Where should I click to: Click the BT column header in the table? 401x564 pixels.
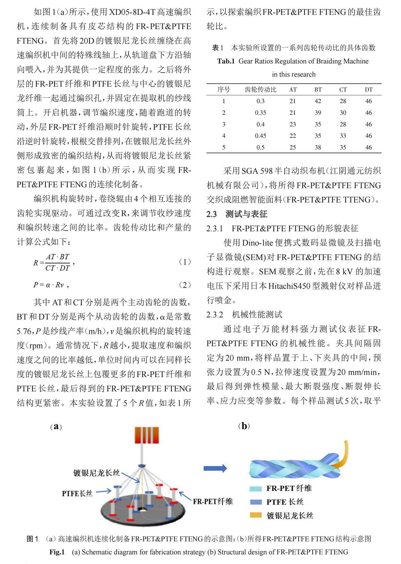click(x=318, y=90)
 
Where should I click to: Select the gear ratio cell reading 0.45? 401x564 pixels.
click(x=260, y=136)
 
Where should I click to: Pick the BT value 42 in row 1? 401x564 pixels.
click(x=318, y=101)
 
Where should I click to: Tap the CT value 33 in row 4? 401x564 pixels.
click(x=343, y=136)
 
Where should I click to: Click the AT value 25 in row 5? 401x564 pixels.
click(x=292, y=147)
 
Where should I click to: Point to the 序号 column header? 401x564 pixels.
click(x=224, y=90)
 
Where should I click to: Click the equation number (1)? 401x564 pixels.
click(x=185, y=262)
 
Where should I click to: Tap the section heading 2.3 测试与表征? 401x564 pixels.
click(x=237, y=214)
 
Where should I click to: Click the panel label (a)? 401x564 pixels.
click(x=56, y=427)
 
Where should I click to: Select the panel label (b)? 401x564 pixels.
click(x=244, y=426)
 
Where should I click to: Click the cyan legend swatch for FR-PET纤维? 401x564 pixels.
click(x=255, y=489)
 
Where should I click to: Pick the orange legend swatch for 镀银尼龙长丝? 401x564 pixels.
click(x=255, y=515)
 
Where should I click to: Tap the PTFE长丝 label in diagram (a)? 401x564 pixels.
click(x=77, y=493)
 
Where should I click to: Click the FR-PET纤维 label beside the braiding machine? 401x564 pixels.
click(x=213, y=501)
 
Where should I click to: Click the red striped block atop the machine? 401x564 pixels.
click(x=147, y=435)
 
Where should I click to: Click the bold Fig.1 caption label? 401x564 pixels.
click(x=57, y=552)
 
